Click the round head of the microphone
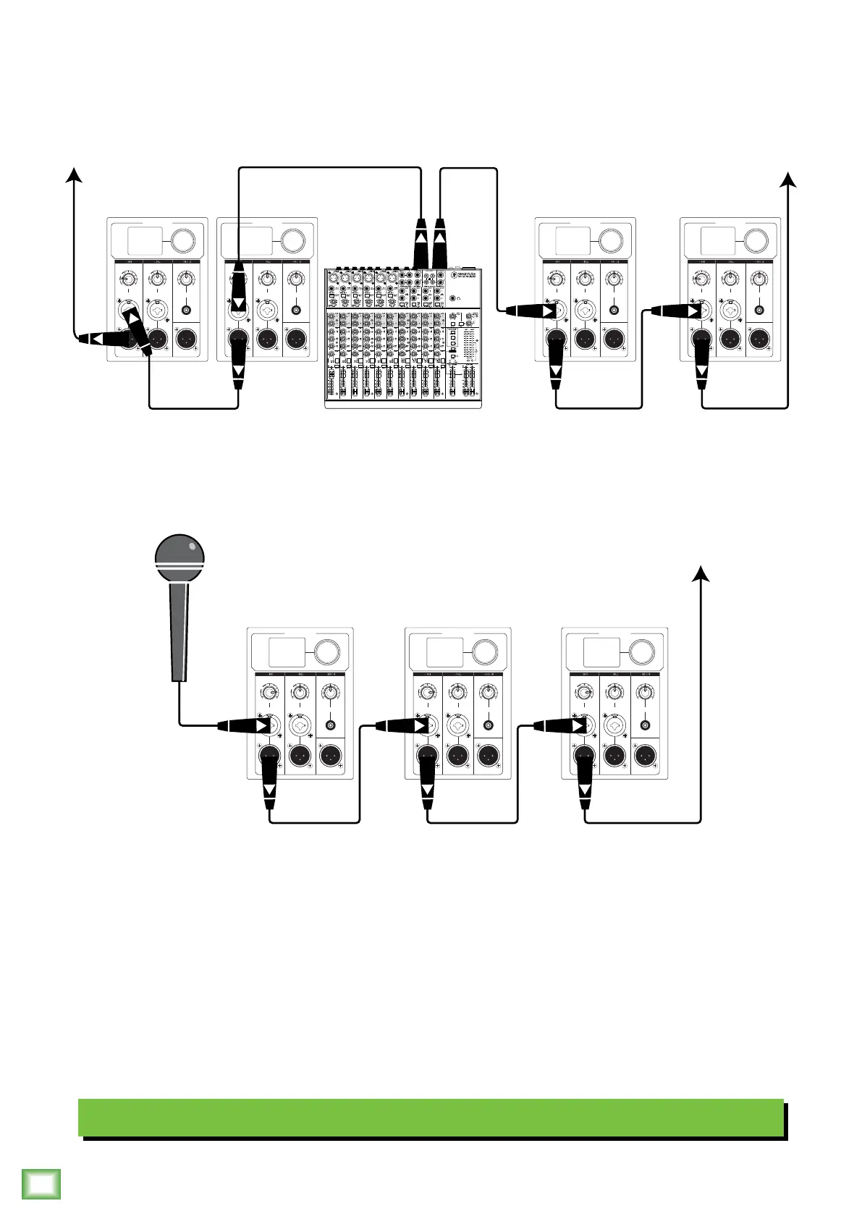(180, 556)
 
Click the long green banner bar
(431, 1118)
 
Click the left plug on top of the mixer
(421, 242)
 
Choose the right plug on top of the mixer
(440, 242)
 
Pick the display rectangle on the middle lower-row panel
(444, 651)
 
